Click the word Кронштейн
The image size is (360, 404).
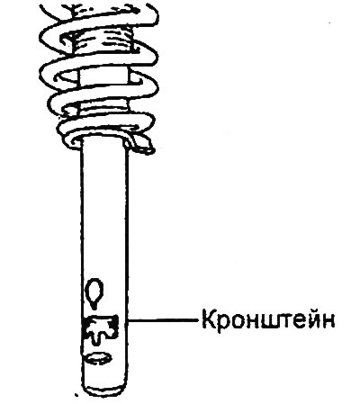[268, 321]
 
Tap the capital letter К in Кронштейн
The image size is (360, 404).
[209, 319]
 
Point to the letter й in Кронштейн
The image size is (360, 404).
[310, 319]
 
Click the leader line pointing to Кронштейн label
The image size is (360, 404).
[163, 320]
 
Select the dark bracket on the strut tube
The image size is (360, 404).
[101, 328]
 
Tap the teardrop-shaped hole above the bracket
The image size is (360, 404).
[94, 292]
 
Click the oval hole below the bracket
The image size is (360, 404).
[99, 358]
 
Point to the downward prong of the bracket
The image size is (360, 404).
[95, 338]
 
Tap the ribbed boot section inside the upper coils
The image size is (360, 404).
[102, 38]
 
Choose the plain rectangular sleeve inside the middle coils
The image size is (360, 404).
[104, 76]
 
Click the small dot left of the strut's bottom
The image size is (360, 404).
[77, 395]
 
